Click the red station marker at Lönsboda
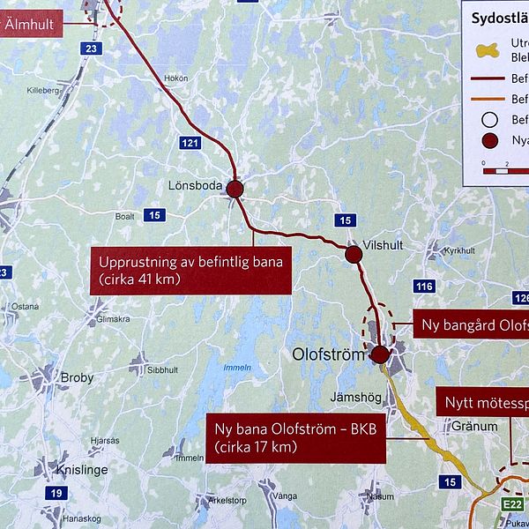tap(235, 188)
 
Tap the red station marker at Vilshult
tap(354, 255)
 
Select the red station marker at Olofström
tap(380, 354)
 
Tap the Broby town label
tap(77, 377)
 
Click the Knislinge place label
tap(81, 470)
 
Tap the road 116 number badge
tap(423, 287)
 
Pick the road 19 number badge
tap(57, 493)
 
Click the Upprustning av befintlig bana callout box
tap(190, 271)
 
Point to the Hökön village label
tap(175, 78)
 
